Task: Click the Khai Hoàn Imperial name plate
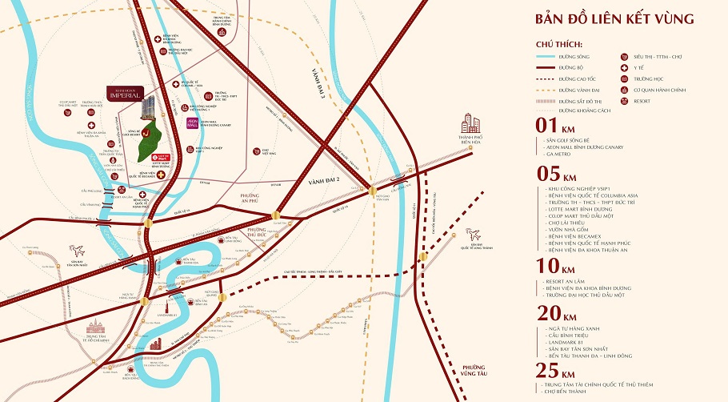tap(126, 92)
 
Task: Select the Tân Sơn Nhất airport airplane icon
tap(77, 250)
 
